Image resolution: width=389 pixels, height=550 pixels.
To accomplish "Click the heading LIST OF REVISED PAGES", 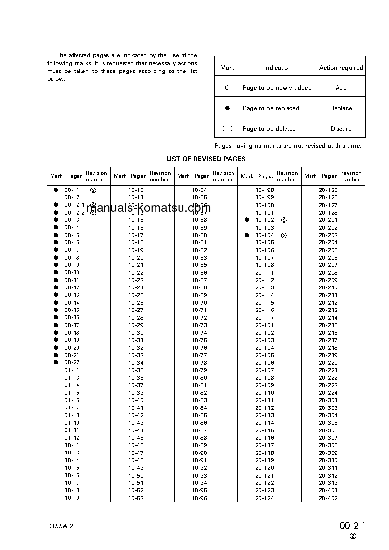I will (x=206, y=159).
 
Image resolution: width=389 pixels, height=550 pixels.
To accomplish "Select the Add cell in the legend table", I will (x=341, y=88).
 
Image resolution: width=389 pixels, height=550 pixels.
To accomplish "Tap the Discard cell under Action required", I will (x=341, y=129).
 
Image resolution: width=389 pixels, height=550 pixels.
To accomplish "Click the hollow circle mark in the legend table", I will (x=227, y=88).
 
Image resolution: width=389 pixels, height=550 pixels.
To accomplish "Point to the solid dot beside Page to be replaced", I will (x=227, y=108).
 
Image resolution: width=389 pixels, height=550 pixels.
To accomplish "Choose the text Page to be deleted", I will (x=269, y=129).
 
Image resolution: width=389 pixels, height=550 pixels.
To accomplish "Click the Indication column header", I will (x=278, y=68).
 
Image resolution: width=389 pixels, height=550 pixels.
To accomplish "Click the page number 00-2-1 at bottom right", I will (x=353, y=526).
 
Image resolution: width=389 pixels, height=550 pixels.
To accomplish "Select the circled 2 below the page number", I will (x=353, y=536).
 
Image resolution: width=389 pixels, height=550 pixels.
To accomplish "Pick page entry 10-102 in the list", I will (x=264, y=220).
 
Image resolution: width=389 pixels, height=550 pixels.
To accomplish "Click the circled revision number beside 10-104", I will (x=284, y=236).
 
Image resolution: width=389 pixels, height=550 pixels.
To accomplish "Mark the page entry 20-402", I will (x=328, y=498).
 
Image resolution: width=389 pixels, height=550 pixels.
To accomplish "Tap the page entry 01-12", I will (x=72, y=438).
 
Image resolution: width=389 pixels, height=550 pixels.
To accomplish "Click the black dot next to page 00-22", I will (x=56, y=362).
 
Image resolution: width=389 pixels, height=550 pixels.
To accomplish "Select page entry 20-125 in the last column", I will (x=328, y=190).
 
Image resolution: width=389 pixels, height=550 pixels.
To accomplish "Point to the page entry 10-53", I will (x=136, y=498).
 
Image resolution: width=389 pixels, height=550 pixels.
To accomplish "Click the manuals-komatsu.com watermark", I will (x=148, y=209).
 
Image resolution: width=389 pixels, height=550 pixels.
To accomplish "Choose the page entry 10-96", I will (x=199, y=498).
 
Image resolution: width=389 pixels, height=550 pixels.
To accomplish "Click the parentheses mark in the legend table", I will (x=227, y=129).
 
